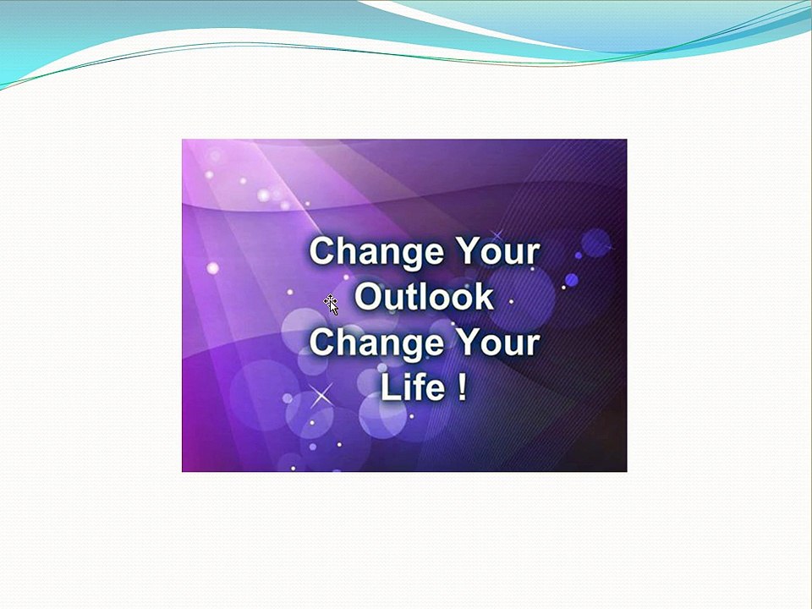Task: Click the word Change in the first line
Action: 376,252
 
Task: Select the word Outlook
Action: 424,296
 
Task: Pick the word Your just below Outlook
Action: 497,343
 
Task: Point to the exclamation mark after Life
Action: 463,387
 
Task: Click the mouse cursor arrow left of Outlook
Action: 332,304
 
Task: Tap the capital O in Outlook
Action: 369,297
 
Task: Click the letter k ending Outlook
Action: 484,296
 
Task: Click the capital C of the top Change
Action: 323,251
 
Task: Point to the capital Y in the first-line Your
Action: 468,251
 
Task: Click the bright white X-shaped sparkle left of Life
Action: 321,396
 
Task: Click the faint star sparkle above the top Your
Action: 497,236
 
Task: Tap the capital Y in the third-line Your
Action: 468,343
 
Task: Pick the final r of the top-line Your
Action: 533,255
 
